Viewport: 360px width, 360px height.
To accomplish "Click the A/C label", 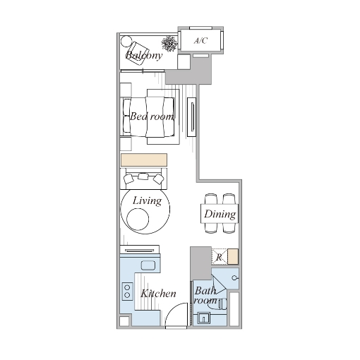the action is [200, 41].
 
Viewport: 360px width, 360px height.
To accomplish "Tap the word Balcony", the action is [144, 56].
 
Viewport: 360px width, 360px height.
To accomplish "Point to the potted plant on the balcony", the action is [169, 44].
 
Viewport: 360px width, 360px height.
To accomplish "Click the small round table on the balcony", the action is [126, 41].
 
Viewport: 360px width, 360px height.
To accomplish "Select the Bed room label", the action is [152, 116].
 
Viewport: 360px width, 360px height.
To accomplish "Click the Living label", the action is [148, 201].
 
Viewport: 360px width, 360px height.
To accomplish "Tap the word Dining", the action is [220, 215].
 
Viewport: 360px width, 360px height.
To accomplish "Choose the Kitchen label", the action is [158, 294].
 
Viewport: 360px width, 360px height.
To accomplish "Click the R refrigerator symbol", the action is [220, 257].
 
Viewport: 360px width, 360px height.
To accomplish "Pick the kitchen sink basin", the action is [148, 265].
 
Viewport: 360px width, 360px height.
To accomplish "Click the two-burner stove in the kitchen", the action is [127, 292].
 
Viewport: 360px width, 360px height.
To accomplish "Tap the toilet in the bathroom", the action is [222, 304].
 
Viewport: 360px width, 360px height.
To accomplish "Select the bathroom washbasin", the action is [204, 318].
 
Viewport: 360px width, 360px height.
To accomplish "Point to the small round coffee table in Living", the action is [138, 220].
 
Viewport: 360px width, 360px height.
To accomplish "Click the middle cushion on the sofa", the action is [143, 176].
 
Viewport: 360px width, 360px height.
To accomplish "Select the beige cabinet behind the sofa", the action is [144, 160].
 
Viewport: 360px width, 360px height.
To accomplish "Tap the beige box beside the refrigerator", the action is [233, 257].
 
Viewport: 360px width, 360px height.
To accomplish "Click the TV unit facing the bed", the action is [192, 116].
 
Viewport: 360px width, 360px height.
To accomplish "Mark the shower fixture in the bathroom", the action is [234, 278].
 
